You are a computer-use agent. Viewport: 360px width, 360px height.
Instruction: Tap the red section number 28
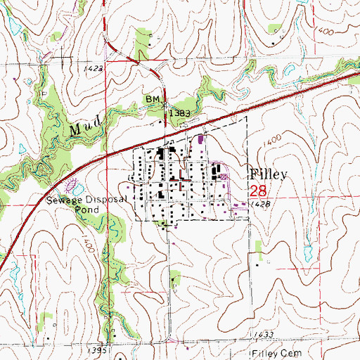tap(258, 191)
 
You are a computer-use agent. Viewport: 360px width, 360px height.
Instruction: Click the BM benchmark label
tap(153, 101)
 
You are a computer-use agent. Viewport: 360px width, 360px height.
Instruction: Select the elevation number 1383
tap(179, 112)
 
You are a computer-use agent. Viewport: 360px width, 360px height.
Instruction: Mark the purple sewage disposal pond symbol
tap(72, 187)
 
